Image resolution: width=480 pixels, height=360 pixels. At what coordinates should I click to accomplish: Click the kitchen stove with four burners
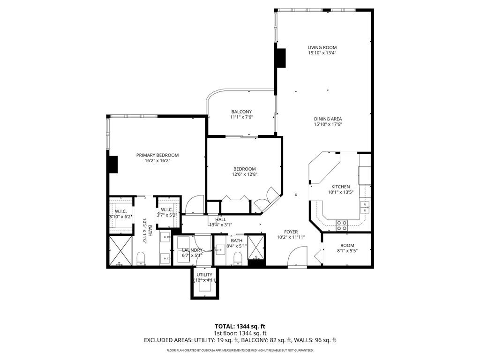(x=342, y=225)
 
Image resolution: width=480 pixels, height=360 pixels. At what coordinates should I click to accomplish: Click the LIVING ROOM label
(x=322, y=47)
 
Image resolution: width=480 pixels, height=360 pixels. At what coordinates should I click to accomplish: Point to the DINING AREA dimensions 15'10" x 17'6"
(x=328, y=124)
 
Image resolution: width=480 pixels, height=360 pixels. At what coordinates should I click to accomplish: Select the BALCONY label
(x=241, y=112)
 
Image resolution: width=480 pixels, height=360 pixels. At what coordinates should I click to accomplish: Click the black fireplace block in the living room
(x=280, y=58)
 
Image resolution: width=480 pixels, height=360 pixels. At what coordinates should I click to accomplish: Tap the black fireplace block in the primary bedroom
(x=112, y=165)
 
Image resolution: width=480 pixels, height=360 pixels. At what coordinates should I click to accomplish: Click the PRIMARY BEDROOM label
(x=157, y=155)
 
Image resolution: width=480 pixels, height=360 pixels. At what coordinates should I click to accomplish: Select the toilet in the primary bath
(x=140, y=258)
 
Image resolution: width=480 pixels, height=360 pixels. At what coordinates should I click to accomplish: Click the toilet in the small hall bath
(x=238, y=258)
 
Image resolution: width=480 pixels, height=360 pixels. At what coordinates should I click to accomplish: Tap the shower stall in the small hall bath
(x=255, y=246)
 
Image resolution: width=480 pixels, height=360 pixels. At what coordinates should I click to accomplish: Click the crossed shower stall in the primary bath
(x=121, y=251)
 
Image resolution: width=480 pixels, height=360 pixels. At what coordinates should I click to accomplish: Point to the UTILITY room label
(x=204, y=275)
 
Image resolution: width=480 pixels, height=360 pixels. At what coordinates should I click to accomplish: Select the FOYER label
(x=291, y=231)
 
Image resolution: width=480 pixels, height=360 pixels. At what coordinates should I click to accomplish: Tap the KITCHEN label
(x=341, y=187)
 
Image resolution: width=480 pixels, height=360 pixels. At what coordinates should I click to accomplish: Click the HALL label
(x=220, y=219)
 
